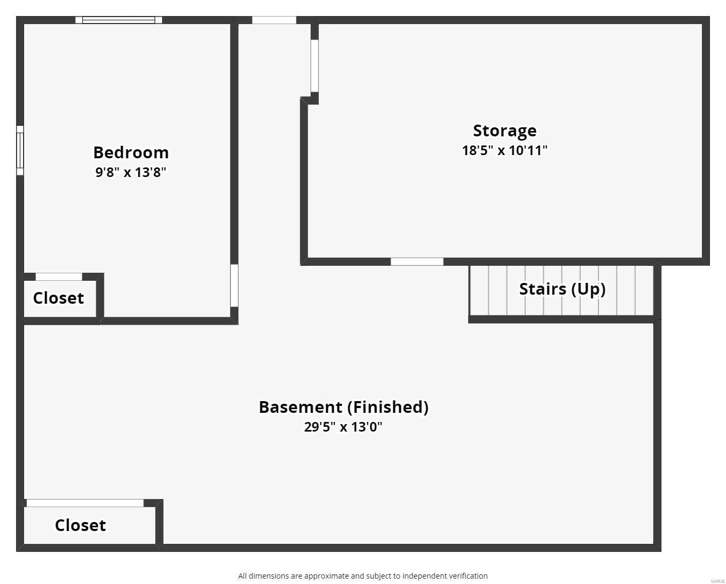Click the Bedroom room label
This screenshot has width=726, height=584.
pyautogui.click(x=131, y=152)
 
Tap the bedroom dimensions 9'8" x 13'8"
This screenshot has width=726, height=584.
pyautogui.click(x=131, y=172)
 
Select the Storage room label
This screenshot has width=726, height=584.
pyautogui.click(x=505, y=130)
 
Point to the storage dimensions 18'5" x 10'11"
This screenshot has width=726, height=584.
pyautogui.click(x=505, y=150)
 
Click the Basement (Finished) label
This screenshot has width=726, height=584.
pyautogui.click(x=343, y=407)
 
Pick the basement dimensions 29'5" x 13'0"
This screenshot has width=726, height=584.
pyautogui.click(x=343, y=427)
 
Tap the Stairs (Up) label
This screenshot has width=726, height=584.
pyautogui.click(x=562, y=289)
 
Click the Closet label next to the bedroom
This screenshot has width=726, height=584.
pyautogui.click(x=58, y=298)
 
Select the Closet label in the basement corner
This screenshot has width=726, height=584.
pyautogui.click(x=80, y=525)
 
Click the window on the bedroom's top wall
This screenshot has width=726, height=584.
pyautogui.click(x=118, y=20)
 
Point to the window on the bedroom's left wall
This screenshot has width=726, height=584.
pyautogui.click(x=20, y=150)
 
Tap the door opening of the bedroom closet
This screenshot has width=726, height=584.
pyautogui.click(x=59, y=276)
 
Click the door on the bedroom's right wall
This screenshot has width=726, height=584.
pyautogui.click(x=234, y=286)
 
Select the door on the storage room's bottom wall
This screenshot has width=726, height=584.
pyautogui.click(x=417, y=262)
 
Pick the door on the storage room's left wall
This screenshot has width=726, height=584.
pyautogui.click(x=315, y=66)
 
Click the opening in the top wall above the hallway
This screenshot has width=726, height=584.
pyautogui.click(x=274, y=20)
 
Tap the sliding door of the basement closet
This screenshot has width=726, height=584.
pyautogui.click(x=85, y=503)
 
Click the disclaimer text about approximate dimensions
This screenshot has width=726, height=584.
pyautogui.click(x=363, y=576)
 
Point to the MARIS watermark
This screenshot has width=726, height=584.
pyautogui.click(x=717, y=581)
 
